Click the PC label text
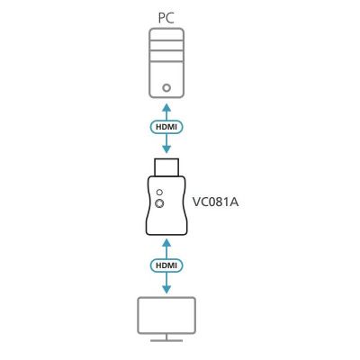tap(166, 18)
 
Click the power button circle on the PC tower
tap(166, 88)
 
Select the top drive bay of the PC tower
tap(166, 34)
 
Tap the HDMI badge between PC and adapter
tap(166, 127)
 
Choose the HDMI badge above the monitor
tap(166, 265)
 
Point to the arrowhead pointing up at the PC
tap(166, 107)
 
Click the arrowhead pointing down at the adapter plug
tap(166, 149)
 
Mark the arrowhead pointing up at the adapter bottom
tap(166, 243)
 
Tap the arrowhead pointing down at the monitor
tap(166, 289)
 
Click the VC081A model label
tap(215, 202)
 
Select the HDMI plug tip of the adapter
tap(166, 167)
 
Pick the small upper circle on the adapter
tap(160, 192)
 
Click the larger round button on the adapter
tap(159, 203)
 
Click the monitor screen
tap(166, 315)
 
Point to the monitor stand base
tap(166, 340)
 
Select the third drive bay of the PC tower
tap(166, 56)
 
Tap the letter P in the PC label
tap(162, 18)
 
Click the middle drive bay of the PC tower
tap(166, 46)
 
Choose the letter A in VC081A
tap(234, 202)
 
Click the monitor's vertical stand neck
tap(166, 337)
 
